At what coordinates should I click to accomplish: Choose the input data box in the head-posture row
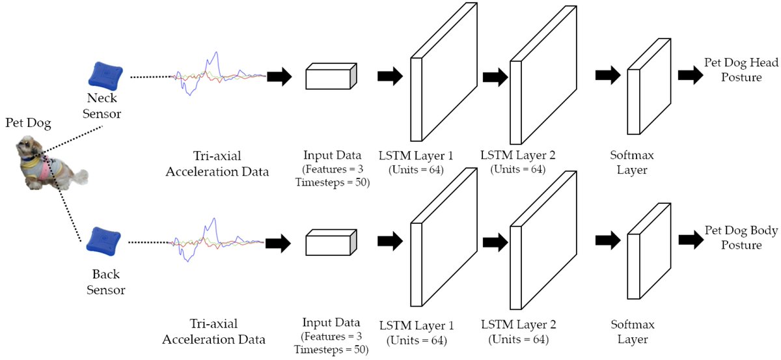tap(331, 76)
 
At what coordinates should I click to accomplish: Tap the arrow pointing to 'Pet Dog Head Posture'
tap(690, 76)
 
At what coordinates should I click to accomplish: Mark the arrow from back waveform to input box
tap(278, 243)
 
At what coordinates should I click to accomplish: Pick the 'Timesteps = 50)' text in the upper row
tap(331, 182)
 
